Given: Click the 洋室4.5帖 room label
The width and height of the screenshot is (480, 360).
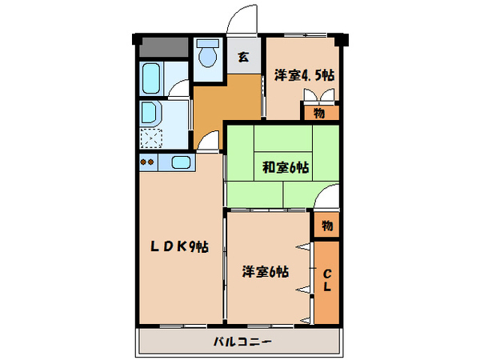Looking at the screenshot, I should (x=305, y=75).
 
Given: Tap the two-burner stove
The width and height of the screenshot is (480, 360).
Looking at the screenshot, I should (x=147, y=162).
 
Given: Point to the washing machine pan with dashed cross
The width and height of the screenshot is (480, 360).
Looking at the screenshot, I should (x=151, y=138).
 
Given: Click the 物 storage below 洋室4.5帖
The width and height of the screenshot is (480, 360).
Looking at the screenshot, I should (x=320, y=112).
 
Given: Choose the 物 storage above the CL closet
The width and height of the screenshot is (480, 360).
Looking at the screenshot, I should (x=327, y=226).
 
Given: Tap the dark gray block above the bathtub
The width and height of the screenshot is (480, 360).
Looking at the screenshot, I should (x=162, y=47).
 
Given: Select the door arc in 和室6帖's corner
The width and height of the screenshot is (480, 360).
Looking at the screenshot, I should (x=328, y=197).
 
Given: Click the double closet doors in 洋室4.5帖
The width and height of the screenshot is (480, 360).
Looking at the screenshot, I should (x=320, y=96).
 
